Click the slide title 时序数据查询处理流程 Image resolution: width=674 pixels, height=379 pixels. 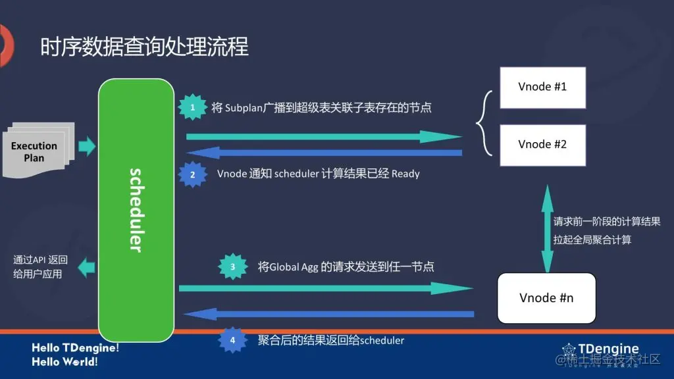pos(144,47)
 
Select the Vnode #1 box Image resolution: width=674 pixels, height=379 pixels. pos(542,87)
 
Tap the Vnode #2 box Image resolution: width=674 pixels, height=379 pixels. pos(542,144)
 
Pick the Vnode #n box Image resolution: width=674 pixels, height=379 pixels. pos(546,297)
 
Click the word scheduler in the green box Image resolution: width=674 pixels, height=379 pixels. pos(136,210)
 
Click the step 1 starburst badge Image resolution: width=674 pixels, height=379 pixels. pos(192,107)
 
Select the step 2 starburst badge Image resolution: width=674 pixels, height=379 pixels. pos(192,175)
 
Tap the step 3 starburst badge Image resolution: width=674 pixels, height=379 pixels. pos(232,267)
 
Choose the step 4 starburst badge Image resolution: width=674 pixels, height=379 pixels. pos(232,340)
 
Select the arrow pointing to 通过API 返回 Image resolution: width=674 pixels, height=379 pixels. pos(86,267)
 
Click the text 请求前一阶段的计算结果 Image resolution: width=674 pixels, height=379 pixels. pos(606,222)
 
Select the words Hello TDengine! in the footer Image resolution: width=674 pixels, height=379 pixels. pos(76,347)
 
